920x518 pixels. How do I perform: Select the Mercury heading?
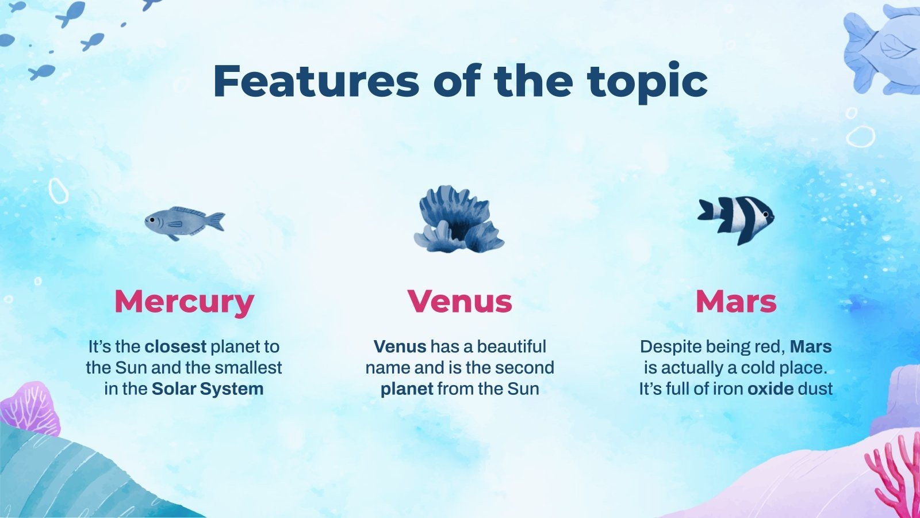pyautogui.click(x=184, y=301)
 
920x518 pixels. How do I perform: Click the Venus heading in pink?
pyautogui.click(x=459, y=301)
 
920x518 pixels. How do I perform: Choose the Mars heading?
pyautogui.click(x=736, y=301)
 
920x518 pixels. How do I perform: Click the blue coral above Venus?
pyautogui.click(x=458, y=220)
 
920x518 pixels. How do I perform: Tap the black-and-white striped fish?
pyautogui.click(x=737, y=219)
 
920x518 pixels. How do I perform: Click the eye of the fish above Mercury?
pyautogui.click(x=151, y=220)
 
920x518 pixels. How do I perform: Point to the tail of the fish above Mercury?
pyautogui.click(x=216, y=221)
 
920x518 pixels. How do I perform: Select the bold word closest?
pyautogui.click(x=175, y=346)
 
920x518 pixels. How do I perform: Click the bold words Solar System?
pyautogui.click(x=208, y=389)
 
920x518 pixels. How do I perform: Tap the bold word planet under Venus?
pyautogui.click(x=407, y=389)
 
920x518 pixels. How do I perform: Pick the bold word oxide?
pyautogui.click(x=770, y=389)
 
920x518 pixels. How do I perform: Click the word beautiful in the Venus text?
pyautogui.click(x=511, y=346)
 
